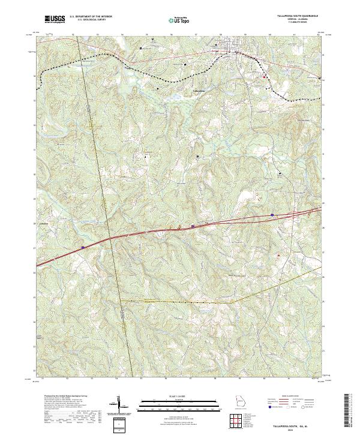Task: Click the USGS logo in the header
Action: click(55, 19)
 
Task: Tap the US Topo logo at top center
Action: click(181, 20)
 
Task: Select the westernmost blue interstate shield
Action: click(83, 247)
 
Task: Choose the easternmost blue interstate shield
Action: click(272, 214)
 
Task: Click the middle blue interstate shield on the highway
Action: click(193, 226)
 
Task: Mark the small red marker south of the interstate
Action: click(278, 254)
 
